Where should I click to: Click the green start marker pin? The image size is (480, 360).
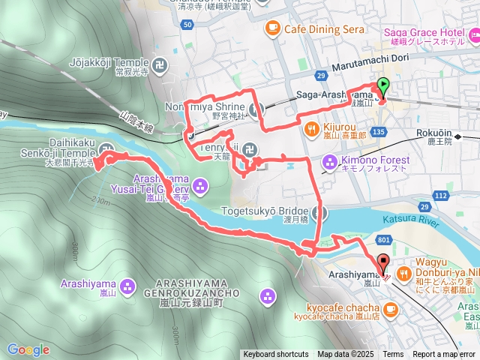pos(383,86)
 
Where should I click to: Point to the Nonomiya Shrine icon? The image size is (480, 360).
pos(255,110)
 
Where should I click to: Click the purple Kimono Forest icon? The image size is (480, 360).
pos(330,161)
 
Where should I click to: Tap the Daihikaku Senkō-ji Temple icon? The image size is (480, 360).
pos(106,148)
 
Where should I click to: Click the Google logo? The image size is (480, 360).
pos(28,349)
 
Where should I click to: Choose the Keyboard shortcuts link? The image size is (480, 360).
pos(275,355)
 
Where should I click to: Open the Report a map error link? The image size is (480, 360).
pos(445,355)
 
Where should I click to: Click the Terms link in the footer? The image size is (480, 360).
pos(393,355)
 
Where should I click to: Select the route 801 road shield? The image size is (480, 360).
pos(383,239)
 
